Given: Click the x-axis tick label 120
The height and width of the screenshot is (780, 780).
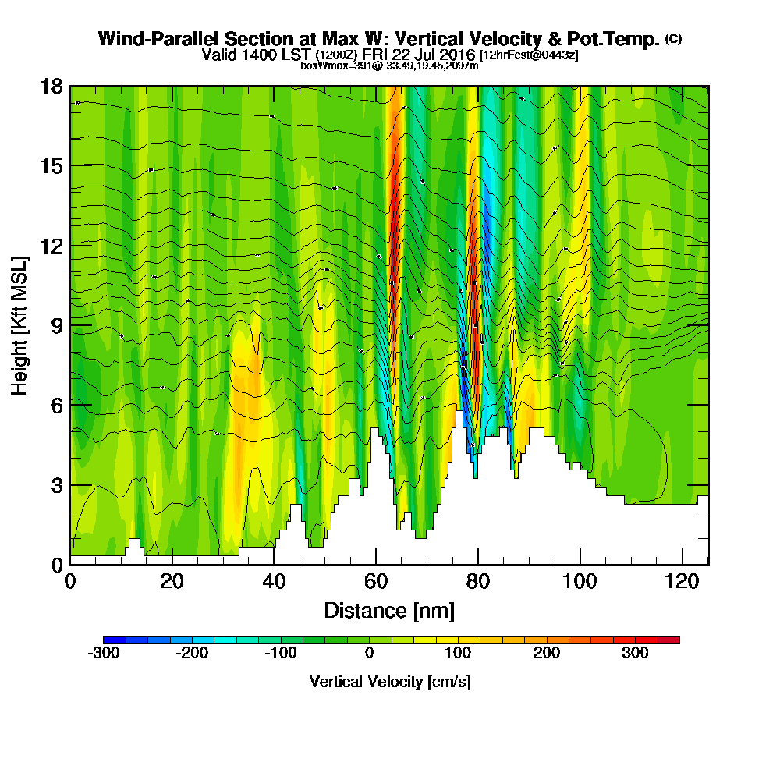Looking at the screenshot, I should point(682,581).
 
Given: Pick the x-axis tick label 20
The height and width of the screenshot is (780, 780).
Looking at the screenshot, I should point(172,581).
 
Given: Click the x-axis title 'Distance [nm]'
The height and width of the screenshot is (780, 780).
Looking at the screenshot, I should point(389,609).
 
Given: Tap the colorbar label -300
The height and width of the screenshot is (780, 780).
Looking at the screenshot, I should point(104,654).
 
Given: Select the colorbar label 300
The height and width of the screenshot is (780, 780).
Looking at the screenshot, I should point(635,654).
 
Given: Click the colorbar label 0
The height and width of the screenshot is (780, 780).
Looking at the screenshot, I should point(369,654).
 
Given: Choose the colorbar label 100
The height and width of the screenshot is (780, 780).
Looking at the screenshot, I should point(458,654).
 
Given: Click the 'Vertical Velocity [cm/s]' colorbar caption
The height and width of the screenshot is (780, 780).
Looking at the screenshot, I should point(390,682).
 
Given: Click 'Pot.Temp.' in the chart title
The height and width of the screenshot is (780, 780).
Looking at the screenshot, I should point(621,39).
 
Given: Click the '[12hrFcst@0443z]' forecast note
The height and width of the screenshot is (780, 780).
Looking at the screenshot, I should point(529,55).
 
